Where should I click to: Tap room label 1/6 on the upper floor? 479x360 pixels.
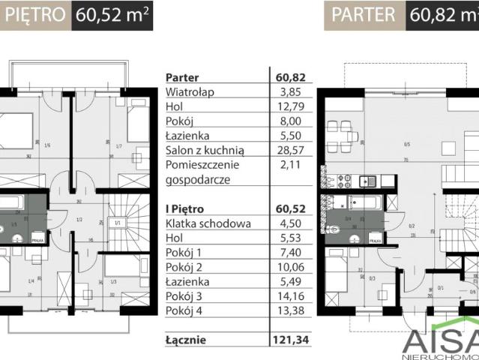pyautogui.click(x=46, y=145)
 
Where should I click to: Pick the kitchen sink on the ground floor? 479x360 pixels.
pyautogui.click(x=368, y=181)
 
